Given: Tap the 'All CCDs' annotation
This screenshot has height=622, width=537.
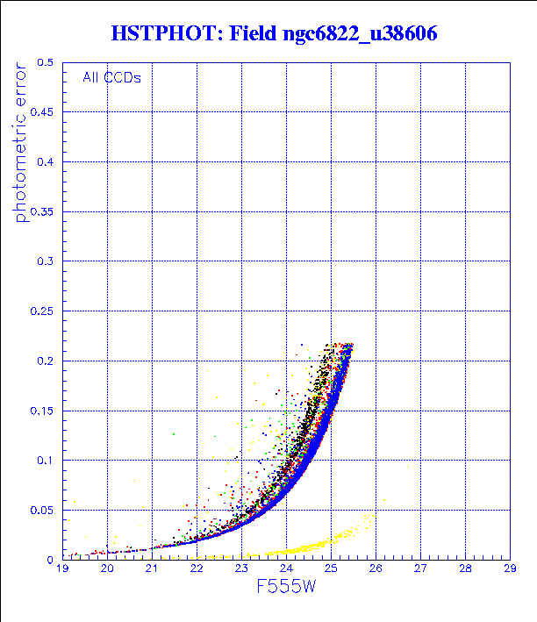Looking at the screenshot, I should tap(111, 77).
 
